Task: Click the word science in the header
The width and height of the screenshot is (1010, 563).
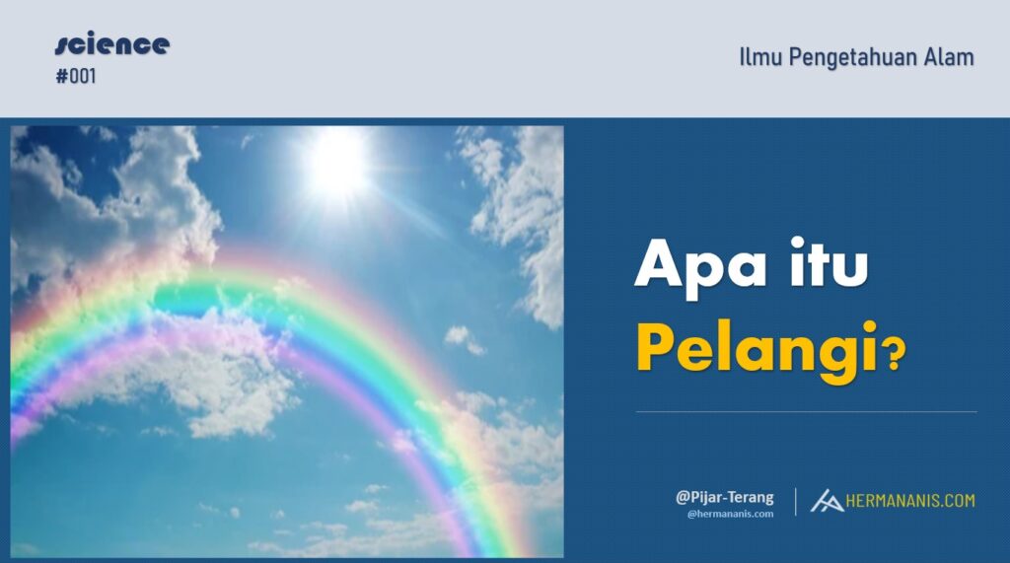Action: (112, 45)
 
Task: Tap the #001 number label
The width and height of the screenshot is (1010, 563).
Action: (76, 76)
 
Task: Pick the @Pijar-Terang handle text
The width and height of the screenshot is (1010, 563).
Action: (724, 498)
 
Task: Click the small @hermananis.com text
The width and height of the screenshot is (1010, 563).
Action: (730, 514)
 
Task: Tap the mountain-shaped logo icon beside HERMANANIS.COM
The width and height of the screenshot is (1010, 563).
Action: (827, 501)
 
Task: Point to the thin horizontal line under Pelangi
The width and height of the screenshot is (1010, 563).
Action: (806, 411)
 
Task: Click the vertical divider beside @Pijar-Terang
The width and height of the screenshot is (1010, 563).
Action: (796, 501)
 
